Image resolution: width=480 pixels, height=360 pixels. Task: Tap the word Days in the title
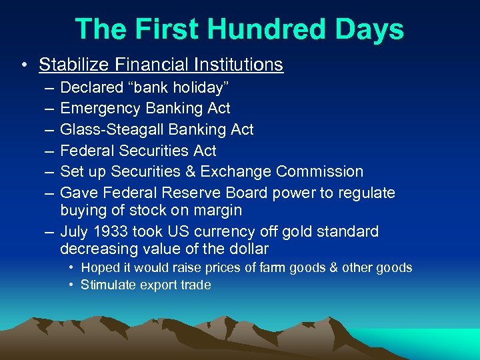(371, 30)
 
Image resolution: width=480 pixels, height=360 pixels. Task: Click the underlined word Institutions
(238, 65)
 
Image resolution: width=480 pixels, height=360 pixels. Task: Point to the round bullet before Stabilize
(24, 65)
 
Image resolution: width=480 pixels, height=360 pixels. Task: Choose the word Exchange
(239, 171)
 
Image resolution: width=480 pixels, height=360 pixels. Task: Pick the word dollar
(246, 249)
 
